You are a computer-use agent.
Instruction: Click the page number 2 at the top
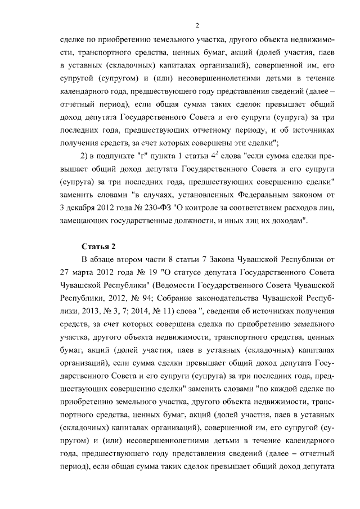click(x=197, y=25)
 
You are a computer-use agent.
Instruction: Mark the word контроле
click(x=196, y=208)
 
